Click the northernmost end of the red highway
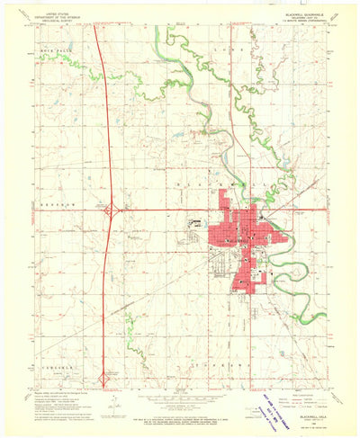coord(102,40)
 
